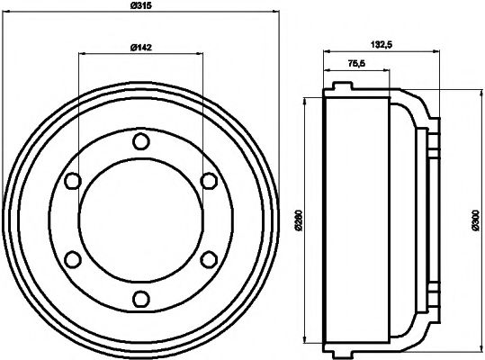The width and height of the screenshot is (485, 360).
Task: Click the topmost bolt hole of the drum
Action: [x=139, y=141]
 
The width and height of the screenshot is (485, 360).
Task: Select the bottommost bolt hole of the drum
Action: [x=139, y=300]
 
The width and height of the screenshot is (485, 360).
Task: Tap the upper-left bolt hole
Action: [x=71, y=181]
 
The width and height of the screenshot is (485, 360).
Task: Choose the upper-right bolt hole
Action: [x=209, y=181]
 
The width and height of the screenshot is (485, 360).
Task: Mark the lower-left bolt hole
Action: [x=71, y=260]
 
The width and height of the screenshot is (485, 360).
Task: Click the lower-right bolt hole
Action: [x=209, y=260]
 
